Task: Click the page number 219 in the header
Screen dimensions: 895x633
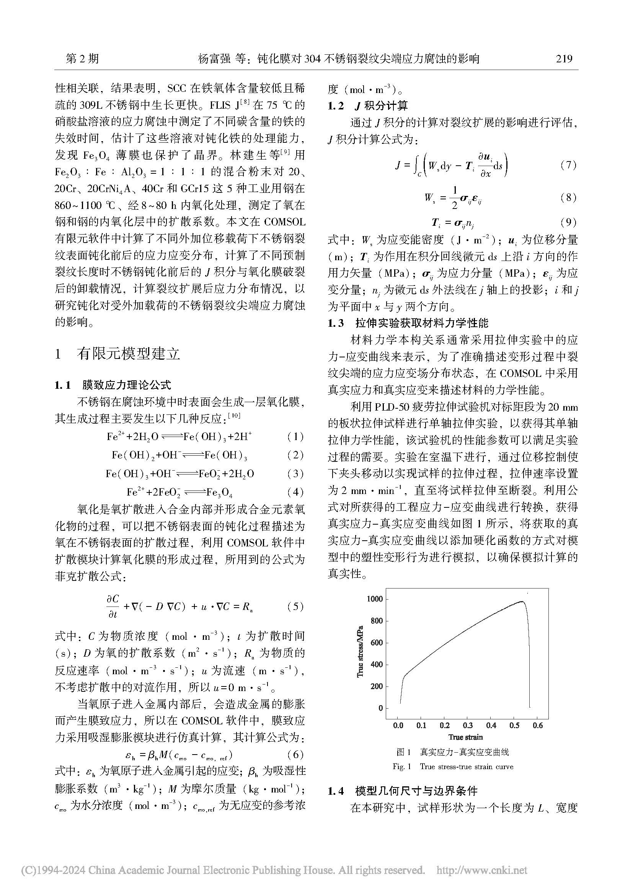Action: (564, 59)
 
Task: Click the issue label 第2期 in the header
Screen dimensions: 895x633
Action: (82, 59)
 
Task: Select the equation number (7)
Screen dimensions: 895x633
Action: (568, 165)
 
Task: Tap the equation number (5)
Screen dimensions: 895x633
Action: (295, 606)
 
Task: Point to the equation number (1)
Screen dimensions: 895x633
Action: (295, 437)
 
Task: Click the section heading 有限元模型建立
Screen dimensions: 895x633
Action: (128, 354)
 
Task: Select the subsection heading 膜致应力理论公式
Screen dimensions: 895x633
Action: (126, 386)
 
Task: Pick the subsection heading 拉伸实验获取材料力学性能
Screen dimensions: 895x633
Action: (422, 323)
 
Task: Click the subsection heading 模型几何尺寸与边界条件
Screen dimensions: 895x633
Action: (416, 791)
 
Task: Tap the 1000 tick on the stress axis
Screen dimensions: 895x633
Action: (375, 599)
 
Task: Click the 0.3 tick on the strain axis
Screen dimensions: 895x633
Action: (468, 725)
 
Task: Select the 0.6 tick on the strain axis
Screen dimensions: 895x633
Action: (537, 725)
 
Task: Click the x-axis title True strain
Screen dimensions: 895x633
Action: (465, 737)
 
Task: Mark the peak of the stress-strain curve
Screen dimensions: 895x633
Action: (522, 602)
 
